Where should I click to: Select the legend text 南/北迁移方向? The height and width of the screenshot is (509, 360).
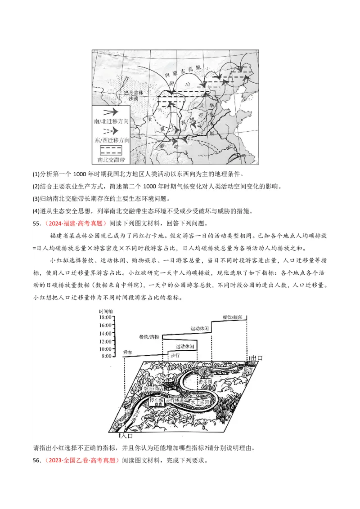111,122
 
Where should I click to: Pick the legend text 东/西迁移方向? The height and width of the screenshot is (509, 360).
111,140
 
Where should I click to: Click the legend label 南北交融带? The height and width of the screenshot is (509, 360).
111,159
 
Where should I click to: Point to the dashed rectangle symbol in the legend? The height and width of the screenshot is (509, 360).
111,150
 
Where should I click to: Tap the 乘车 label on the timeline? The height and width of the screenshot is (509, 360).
128,353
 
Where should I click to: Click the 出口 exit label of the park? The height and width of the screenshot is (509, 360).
256,358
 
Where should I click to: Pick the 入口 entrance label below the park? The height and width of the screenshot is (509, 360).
128,436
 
